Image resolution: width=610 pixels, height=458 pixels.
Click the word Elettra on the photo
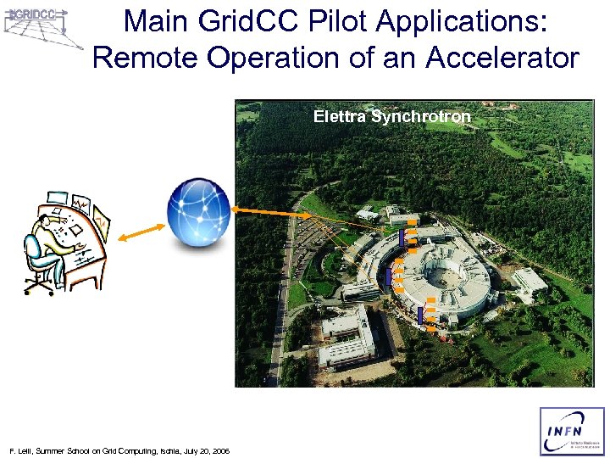coord(339,116)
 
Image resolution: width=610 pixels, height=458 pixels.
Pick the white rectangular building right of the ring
coord(530,284)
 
